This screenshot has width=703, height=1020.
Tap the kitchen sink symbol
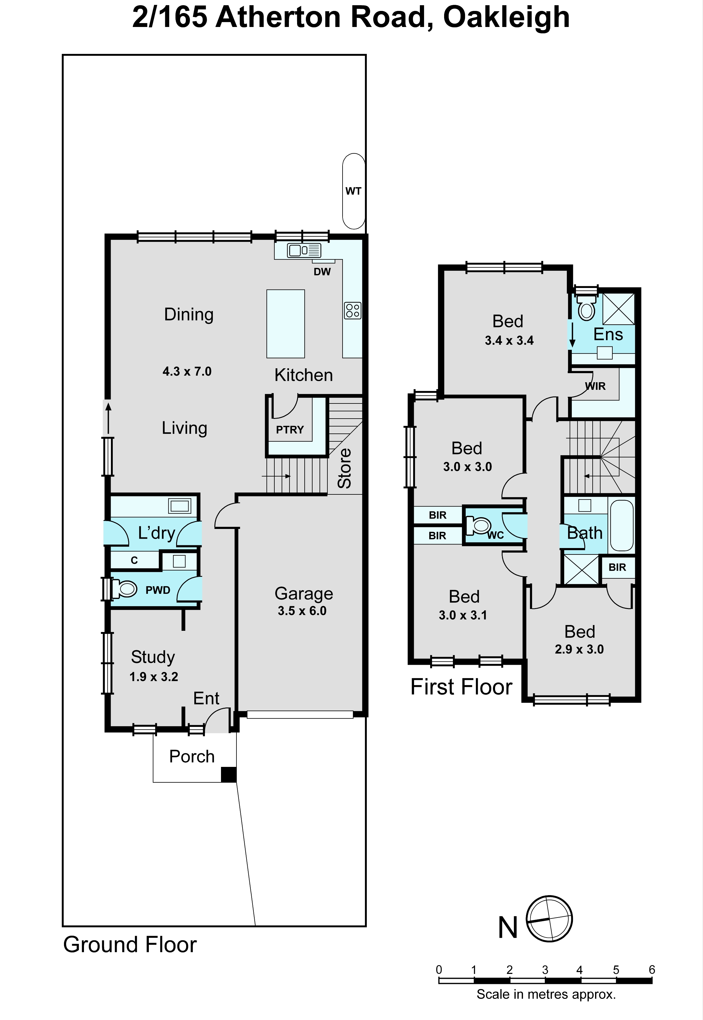click(x=304, y=250)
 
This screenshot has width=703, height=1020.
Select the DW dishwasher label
click(x=322, y=272)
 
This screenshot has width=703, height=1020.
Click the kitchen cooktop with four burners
click(x=352, y=310)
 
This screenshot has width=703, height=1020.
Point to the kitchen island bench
click(x=286, y=324)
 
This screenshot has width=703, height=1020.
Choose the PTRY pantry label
click(x=290, y=430)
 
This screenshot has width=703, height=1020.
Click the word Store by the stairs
click(x=344, y=468)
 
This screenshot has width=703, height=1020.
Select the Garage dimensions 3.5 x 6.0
click(x=302, y=611)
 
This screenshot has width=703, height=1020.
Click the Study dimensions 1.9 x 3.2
click(x=154, y=677)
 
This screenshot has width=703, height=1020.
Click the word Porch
click(x=192, y=757)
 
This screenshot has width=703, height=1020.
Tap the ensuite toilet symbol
click(x=586, y=308)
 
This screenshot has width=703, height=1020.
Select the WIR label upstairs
click(x=595, y=386)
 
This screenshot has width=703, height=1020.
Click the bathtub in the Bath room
click(x=621, y=525)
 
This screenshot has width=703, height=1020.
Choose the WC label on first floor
click(x=495, y=535)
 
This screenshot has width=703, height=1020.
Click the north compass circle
click(x=549, y=919)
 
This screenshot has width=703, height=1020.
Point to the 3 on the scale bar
click(x=545, y=970)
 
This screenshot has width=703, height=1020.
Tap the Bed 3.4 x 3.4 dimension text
click(x=509, y=340)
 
